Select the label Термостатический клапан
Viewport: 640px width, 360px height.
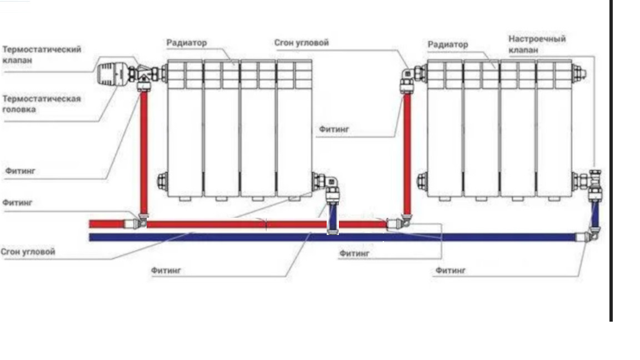42,54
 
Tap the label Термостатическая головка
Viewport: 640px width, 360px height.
42,104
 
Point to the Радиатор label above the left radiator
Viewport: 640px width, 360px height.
187,43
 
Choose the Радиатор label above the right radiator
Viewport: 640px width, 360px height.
448,44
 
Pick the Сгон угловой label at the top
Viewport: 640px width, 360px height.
302,43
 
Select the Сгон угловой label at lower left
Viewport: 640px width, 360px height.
28,252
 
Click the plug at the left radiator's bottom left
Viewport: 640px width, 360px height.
162,181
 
